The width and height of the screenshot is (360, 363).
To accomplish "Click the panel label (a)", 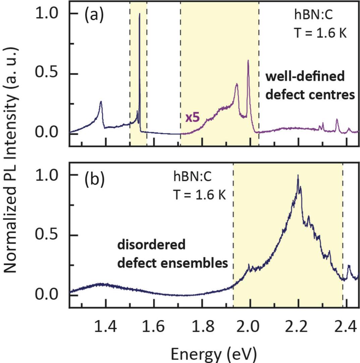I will pyautogui.click(x=94, y=16).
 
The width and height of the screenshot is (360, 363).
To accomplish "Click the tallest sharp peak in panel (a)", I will pyautogui.click(x=140, y=14).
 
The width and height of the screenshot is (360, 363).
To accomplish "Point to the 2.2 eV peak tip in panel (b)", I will pyautogui.click(x=298, y=176).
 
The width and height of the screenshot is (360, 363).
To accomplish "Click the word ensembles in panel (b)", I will pyautogui.click(x=201, y=264).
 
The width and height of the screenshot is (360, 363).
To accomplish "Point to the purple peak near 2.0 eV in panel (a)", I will pyautogui.click(x=248, y=61).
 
